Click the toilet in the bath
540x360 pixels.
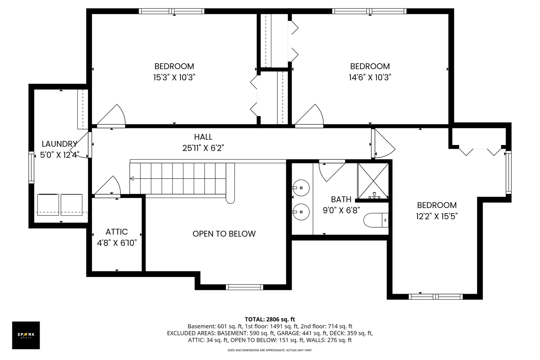(376, 220)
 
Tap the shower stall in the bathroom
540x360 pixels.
(373, 181)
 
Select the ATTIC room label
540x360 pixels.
(117, 232)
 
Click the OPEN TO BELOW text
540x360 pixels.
(224, 234)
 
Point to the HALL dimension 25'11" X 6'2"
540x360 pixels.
(203, 148)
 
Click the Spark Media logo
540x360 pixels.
(26, 335)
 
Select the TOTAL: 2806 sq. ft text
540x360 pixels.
(270, 319)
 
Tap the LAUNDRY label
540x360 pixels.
(59, 144)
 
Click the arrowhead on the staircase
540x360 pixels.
(132, 179)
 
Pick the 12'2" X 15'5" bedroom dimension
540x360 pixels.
(437, 216)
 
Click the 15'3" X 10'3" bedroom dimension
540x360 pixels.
(174, 77)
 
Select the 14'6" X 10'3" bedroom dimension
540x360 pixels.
(370, 77)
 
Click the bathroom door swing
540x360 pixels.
(332, 172)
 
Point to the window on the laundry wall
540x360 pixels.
(31, 167)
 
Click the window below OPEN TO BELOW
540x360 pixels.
(244, 287)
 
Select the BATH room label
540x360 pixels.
(341, 199)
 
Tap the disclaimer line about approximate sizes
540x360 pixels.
(270, 350)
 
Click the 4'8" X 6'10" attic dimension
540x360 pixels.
(117, 243)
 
